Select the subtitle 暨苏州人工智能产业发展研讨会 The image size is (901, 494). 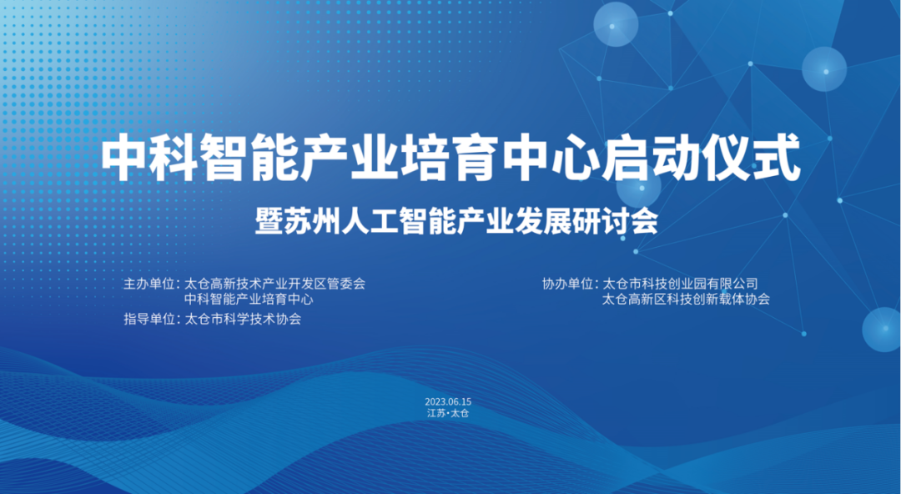[x=450, y=223]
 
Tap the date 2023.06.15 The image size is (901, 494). [x=448, y=402]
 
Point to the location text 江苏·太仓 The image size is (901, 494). [x=448, y=414]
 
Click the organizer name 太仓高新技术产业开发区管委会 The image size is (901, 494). [x=275, y=284]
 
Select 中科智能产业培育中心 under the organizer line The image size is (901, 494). [x=249, y=299]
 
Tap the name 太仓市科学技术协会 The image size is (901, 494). [x=243, y=319]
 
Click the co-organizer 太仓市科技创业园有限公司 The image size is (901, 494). [x=680, y=284]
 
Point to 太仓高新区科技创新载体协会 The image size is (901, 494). [x=686, y=299]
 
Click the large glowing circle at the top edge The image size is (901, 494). [x=616, y=23]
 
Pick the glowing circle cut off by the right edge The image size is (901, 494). [x=883, y=330]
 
